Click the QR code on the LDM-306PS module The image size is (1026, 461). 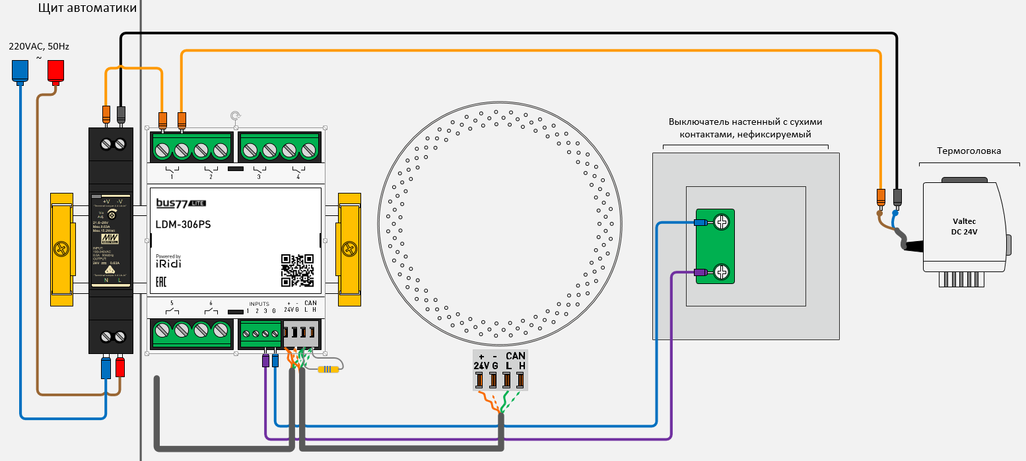click(x=297, y=270)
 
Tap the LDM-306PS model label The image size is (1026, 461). click(x=184, y=224)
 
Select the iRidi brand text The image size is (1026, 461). click(x=168, y=264)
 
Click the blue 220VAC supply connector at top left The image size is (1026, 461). click(x=20, y=71)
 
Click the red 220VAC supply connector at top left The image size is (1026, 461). click(x=55, y=71)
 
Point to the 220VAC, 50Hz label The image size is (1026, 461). click(x=38, y=47)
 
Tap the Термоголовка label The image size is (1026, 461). click(x=969, y=151)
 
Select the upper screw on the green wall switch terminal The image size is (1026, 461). click(x=722, y=223)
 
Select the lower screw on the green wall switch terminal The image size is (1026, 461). click(x=722, y=271)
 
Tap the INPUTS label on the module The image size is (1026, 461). click(x=259, y=304)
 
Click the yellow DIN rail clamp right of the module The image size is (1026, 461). click(x=349, y=249)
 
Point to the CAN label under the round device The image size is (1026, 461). click(x=516, y=356)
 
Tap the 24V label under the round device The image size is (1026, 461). click(x=481, y=365)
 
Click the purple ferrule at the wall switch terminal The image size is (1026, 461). click(x=699, y=272)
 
